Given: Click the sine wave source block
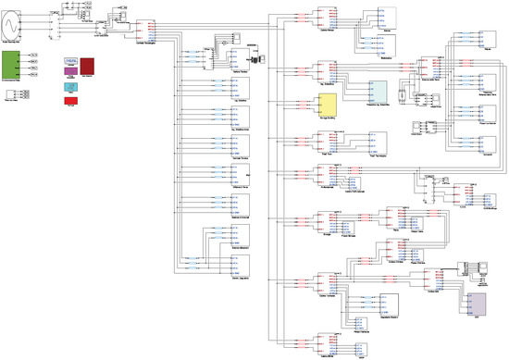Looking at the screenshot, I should click(x=19, y=26).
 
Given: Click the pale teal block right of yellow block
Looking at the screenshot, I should click(x=379, y=92).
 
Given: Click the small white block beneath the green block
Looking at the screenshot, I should click(x=11, y=94).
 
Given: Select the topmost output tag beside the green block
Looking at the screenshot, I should click(x=35, y=56).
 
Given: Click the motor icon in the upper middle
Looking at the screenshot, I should click(x=253, y=54).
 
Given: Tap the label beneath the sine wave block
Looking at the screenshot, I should click(x=19, y=43).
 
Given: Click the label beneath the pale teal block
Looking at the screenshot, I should click(x=379, y=107).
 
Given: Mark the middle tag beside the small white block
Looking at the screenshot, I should click(x=24, y=94).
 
